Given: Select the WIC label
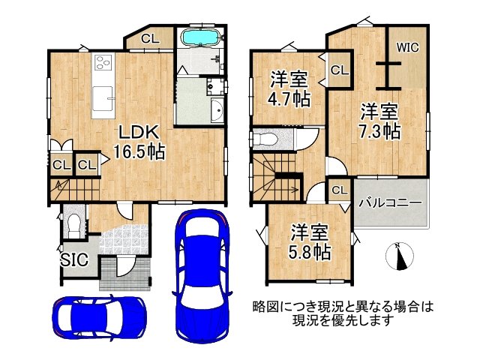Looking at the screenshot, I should pyautogui.click(x=407, y=46).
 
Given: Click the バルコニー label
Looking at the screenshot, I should pyautogui.click(x=389, y=202).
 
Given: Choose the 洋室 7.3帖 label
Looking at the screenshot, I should pyautogui.click(x=379, y=121).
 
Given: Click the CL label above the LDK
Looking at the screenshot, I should pyautogui.click(x=149, y=38).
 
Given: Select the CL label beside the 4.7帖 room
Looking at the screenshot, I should pyautogui.click(x=339, y=70).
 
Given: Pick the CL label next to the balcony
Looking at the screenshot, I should pyautogui.click(x=339, y=190).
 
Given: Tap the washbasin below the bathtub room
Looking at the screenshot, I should pyautogui.click(x=217, y=110).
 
